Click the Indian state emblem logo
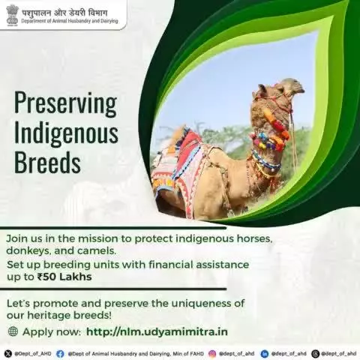[13, 15]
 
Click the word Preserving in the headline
[65, 103]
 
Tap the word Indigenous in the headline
[66, 133]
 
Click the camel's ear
[262, 89]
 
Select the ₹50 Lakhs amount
[64, 277]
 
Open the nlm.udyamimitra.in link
[157, 332]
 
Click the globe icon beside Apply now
[13, 331]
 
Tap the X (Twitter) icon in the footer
[8, 354]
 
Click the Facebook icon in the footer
[60, 354]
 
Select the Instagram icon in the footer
[212, 354]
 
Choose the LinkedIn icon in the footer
[265, 354]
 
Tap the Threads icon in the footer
[316, 354]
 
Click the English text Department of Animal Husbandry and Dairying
[70, 21]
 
